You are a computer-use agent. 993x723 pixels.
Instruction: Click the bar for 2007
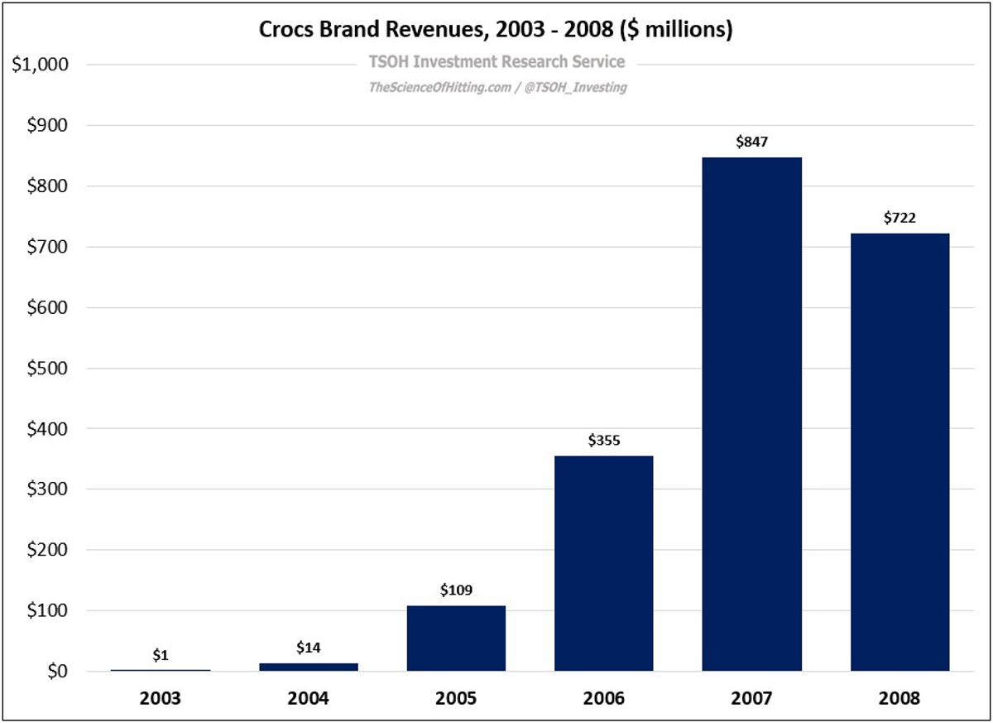(751, 414)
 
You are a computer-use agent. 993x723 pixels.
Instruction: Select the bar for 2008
(899, 451)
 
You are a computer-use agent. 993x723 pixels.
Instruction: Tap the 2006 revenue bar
(604, 563)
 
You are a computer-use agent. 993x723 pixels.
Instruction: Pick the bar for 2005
(456, 638)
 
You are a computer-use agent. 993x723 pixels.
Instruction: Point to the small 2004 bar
(308, 667)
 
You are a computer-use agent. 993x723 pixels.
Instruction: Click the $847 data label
(752, 142)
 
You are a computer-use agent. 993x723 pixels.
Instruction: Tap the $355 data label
(604, 441)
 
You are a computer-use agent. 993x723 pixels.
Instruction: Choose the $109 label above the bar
(456, 590)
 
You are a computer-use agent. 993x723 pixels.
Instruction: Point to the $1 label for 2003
(161, 655)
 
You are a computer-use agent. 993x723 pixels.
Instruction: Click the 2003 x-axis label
(161, 697)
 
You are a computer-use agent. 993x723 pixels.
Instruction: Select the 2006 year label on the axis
(604, 697)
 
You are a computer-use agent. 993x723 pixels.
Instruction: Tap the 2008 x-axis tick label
(899, 697)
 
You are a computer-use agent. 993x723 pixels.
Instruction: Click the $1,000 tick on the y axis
(39, 65)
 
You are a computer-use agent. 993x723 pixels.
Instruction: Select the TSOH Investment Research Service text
(496, 62)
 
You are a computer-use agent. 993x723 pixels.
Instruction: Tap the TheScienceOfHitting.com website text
(439, 87)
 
